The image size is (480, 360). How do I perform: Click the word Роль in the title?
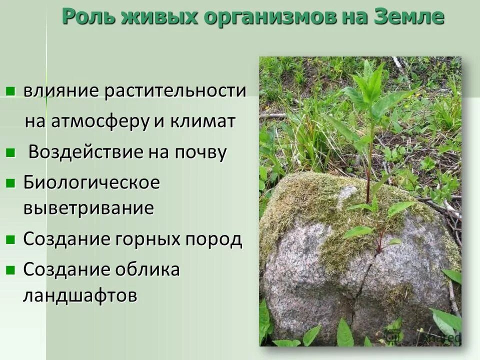click(86, 17)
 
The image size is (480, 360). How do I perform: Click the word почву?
click(200, 152)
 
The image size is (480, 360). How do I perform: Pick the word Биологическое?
click(91, 183)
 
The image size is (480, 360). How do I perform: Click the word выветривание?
click(88, 208)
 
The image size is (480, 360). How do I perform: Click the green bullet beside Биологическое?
click(10, 183)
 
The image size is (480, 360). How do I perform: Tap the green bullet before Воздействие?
click(10, 152)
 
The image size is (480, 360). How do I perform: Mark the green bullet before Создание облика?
click(10, 270)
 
